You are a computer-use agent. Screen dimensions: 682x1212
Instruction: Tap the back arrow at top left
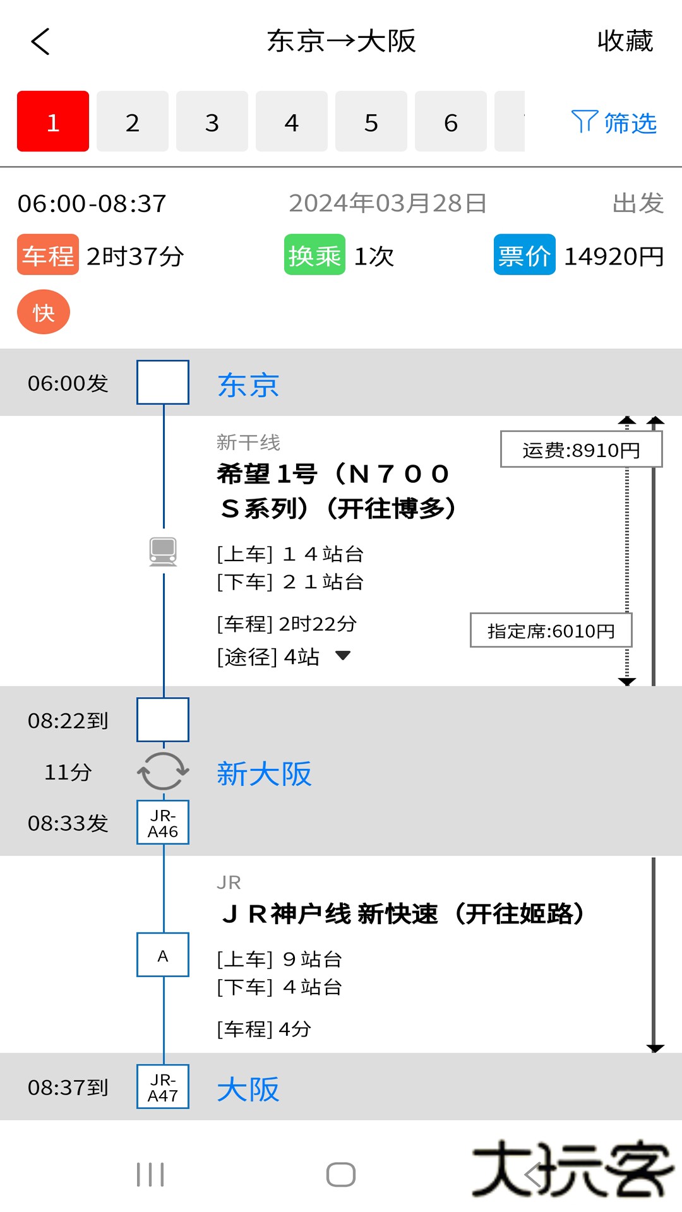[40, 42]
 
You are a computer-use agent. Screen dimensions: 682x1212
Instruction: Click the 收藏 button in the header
[625, 41]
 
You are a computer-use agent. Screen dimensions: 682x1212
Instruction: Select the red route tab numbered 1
[53, 121]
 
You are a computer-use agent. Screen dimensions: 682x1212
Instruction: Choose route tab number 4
[291, 121]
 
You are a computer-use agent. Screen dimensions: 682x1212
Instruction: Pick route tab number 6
[450, 121]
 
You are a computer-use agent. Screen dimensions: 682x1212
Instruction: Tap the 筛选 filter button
[614, 122]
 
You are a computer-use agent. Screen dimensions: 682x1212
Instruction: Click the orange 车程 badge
[48, 255]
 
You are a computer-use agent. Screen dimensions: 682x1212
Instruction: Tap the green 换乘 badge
[314, 255]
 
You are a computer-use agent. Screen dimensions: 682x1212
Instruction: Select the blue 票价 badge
[524, 255]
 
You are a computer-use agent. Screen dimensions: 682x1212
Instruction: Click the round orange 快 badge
[44, 312]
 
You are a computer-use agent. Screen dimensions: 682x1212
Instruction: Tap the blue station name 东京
[248, 384]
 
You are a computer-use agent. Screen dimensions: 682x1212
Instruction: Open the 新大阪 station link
[264, 773]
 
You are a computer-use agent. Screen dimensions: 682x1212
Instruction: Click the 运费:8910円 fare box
[581, 449]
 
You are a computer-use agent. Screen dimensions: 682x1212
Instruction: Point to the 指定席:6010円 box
[551, 631]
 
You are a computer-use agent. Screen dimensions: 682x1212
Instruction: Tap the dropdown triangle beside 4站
[343, 656]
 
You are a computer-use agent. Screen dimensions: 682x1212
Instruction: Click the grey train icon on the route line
[163, 551]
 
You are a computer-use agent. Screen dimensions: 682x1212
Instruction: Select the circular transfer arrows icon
[163, 771]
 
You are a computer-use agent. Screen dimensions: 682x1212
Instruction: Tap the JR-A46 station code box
[163, 823]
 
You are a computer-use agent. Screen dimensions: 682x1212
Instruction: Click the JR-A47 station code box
[163, 1087]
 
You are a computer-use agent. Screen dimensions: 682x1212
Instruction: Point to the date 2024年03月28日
[388, 203]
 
